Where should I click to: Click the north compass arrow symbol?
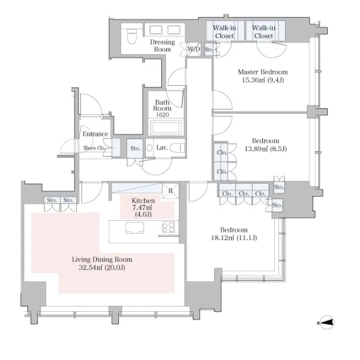326,323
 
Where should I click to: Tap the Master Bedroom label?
262,72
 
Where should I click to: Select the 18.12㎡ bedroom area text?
234,238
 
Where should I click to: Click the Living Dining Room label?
102,259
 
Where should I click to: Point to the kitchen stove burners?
168,227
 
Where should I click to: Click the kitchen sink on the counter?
134,228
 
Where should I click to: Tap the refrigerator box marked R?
171,190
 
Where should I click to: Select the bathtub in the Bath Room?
166,127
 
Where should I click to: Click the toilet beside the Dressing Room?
132,36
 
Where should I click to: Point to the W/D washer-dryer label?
194,49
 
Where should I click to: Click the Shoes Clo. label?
95,148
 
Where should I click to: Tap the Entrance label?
95,134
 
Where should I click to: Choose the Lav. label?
162,148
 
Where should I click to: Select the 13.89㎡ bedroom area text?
266,149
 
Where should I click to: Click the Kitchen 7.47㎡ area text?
143,208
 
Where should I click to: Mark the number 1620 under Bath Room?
162,115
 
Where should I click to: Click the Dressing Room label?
162,46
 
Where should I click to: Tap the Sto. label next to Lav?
136,148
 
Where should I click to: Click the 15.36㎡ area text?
263,80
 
